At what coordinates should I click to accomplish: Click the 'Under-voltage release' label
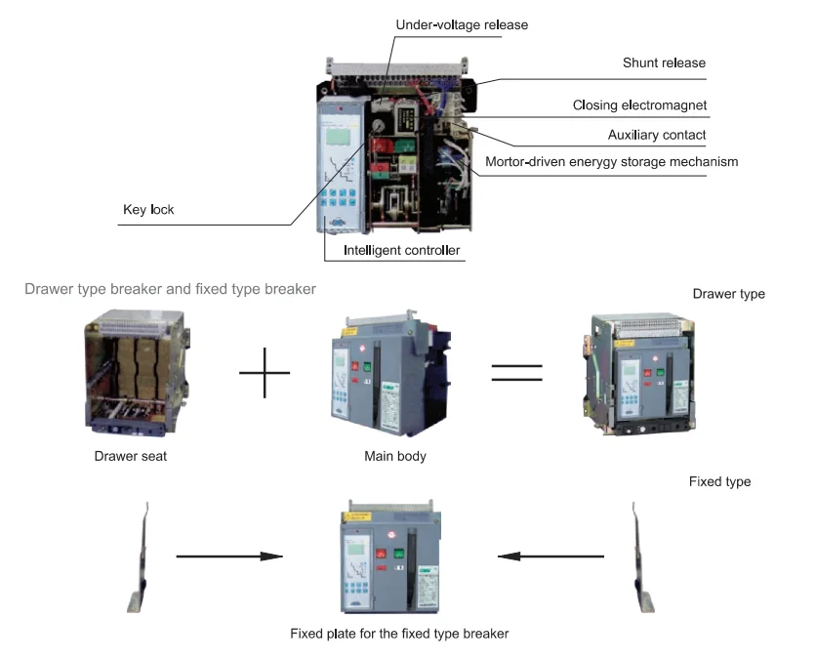click(x=462, y=24)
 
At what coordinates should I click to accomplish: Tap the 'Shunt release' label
click(x=664, y=63)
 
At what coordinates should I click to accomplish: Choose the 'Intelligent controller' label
click(x=401, y=251)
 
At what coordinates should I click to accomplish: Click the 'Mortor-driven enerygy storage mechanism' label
click(x=612, y=161)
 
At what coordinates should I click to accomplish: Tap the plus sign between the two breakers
click(x=265, y=375)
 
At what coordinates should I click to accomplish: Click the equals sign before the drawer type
click(x=516, y=374)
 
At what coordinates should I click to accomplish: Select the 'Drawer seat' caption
click(x=130, y=456)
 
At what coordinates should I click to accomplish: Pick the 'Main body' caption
click(x=394, y=456)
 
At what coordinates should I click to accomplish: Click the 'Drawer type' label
click(x=728, y=294)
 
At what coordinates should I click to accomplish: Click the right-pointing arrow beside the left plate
click(x=228, y=557)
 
